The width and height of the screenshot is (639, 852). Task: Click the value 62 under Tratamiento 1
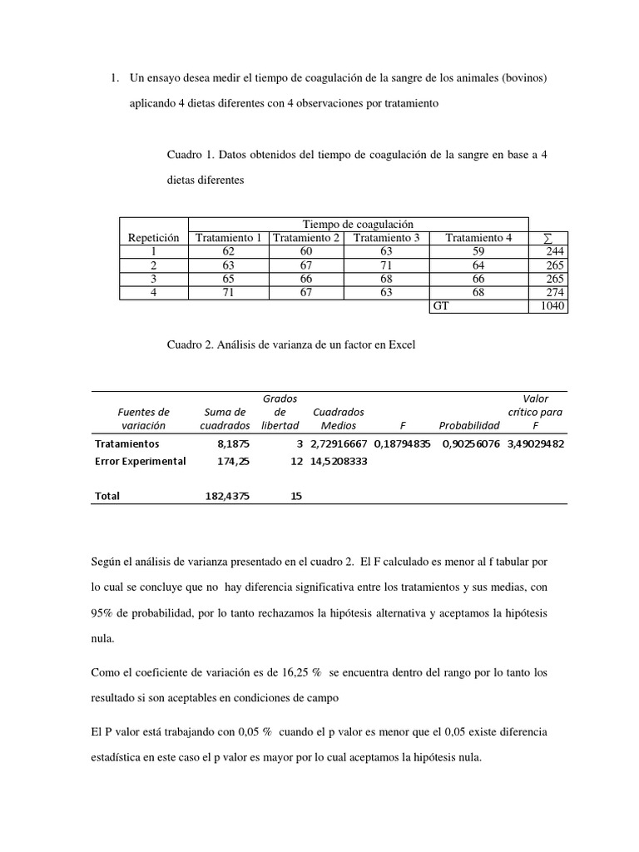coord(229,250)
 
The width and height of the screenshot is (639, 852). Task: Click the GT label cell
coord(441,306)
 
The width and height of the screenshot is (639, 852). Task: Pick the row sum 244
coord(554,250)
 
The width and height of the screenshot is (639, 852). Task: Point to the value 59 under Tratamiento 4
coord(478,250)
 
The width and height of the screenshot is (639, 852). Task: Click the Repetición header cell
coord(154,237)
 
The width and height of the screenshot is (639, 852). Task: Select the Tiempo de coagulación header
coord(358,224)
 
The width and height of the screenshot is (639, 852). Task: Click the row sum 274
coord(554,292)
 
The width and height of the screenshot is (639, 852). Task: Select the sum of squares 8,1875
coord(234,444)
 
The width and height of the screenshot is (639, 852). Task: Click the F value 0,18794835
coord(402,444)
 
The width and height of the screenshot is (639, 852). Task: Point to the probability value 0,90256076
coord(470,444)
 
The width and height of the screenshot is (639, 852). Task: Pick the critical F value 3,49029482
coord(536,444)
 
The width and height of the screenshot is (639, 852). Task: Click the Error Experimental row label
coord(140,462)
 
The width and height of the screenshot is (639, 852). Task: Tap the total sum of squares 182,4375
coord(227,496)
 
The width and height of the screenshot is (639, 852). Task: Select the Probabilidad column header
coord(469,425)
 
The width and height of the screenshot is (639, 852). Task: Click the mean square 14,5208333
coord(339,462)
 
